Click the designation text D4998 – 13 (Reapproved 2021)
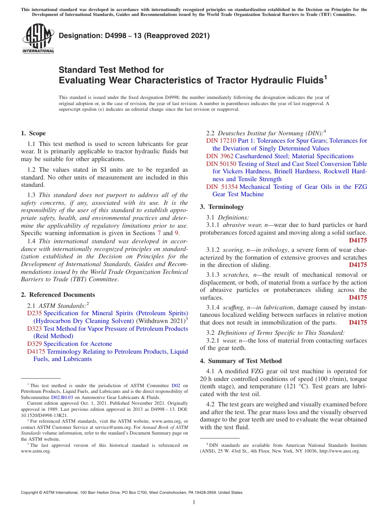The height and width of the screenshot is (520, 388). point(134,36)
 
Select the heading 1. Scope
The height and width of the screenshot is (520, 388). point(33,133)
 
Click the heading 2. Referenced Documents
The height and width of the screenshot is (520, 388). point(58,295)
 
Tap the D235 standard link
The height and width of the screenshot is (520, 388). point(32,313)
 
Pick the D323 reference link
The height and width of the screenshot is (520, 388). point(32,329)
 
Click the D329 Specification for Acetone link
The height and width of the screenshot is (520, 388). point(69,344)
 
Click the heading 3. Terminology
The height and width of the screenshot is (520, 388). point(222,207)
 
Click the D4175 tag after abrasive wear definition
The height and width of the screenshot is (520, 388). point(358,240)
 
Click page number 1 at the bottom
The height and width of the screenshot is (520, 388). point(194,502)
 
